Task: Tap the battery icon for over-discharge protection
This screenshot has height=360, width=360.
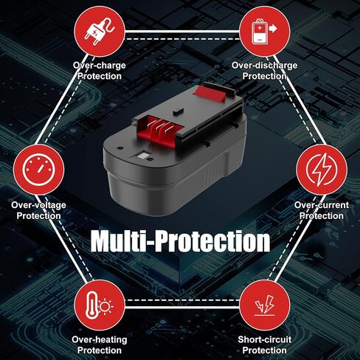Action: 260,32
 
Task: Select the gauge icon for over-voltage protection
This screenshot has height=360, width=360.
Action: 39,170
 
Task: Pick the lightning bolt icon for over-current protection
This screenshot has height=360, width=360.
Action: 322,170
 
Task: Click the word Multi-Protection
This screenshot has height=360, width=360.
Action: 180,241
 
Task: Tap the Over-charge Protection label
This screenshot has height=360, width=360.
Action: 100,71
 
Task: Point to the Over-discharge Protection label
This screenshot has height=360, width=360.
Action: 265,71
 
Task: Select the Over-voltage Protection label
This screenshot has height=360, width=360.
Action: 38,210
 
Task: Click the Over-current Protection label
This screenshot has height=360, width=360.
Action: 322,210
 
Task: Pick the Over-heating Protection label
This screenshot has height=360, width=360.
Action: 100,345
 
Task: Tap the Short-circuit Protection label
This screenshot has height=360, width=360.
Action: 265,345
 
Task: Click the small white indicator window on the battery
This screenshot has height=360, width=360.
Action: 142,156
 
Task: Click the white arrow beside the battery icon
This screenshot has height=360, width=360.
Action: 273,29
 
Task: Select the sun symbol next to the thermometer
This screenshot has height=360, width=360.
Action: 105,306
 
